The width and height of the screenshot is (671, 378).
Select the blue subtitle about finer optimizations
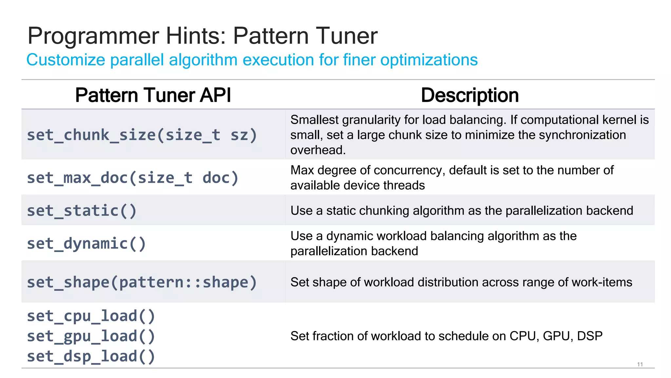(252, 60)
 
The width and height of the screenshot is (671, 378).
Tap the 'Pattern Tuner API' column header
(153, 95)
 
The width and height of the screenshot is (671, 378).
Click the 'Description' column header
(470, 95)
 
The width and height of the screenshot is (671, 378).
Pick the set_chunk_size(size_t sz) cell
(142, 135)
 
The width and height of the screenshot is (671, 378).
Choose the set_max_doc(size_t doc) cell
(133, 178)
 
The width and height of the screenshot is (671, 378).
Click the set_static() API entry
(82, 211)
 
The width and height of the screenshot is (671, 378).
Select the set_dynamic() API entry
(86, 243)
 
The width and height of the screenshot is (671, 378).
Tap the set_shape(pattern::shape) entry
(142, 282)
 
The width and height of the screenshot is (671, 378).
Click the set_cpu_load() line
(91, 316)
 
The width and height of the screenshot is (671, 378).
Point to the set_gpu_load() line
(91, 336)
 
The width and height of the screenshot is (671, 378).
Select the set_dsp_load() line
(91, 356)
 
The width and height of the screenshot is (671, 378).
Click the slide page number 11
(640, 365)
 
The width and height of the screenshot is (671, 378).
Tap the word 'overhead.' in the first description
(318, 150)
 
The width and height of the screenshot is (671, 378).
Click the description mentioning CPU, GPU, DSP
(446, 336)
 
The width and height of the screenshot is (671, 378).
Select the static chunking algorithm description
(462, 211)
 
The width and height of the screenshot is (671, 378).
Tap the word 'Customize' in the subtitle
(66, 60)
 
